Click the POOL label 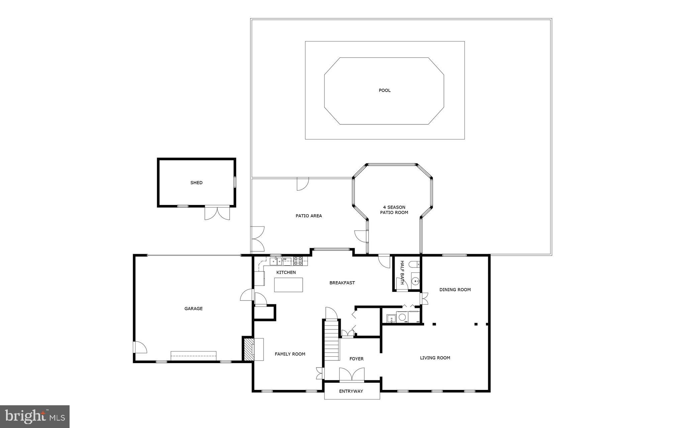[384, 90]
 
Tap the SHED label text [196, 183]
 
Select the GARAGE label [193, 309]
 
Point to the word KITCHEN [286, 273]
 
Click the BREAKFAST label [342, 283]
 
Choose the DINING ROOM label [455, 290]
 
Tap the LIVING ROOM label [435, 358]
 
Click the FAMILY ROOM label [290, 354]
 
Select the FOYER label [356, 359]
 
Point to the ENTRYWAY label [351, 391]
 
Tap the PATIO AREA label [308, 216]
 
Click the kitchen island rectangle [288, 285]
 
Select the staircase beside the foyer [331, 339]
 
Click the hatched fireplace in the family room [249, 349]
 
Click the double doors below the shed [217, 213]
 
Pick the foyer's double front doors [352, 374]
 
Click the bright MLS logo [35, 416]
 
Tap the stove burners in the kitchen [298, 261]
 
